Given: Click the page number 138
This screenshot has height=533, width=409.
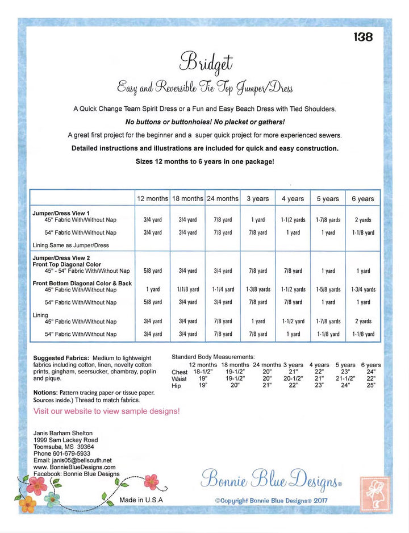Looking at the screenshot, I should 363,37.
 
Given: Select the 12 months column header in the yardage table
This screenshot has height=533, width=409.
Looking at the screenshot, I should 152,199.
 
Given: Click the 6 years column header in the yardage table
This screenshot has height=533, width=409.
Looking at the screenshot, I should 362,199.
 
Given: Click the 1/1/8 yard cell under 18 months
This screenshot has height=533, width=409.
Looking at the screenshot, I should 187,289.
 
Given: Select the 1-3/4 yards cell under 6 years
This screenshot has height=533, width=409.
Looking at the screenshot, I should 362,289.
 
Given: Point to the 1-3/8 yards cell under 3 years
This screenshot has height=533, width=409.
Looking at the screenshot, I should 258,289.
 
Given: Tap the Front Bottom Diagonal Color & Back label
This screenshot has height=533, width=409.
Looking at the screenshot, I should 82,283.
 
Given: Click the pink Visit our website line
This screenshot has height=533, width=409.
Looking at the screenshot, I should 107,410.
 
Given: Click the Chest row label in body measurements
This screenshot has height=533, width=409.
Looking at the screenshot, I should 180,372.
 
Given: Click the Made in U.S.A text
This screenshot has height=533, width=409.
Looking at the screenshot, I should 141,500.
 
